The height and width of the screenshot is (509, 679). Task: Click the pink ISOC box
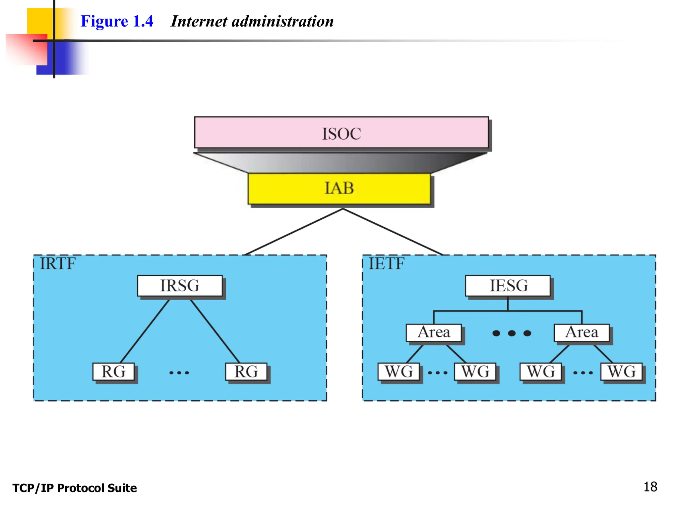tap(341, 133)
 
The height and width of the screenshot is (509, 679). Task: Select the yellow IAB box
tap(339, 188)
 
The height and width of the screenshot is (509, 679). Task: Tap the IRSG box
tap(180, 286)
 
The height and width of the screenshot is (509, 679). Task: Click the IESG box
tap(508, 286)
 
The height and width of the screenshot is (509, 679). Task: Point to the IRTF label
tap(58, 264)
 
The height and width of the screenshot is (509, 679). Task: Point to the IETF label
tap(386, 264)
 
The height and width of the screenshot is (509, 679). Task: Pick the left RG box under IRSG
tap(113, 371)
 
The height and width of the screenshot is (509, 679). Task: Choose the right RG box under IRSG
tap(246, 371)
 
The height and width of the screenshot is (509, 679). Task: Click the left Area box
tap(434, 332)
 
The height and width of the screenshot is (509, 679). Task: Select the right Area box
tap(582, 332)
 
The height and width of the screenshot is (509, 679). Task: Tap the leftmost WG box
tap(399, 371)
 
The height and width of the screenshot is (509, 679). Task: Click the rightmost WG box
tap(621, 371)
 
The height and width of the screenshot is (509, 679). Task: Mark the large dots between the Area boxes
tap(512, 333)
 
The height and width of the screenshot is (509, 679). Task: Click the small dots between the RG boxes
tap(179, 373)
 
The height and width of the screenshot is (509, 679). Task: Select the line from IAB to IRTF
tap(293, 232)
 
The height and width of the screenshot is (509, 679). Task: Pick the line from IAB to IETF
tap(393, 232)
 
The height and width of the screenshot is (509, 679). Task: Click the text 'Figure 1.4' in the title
tap(117, 21)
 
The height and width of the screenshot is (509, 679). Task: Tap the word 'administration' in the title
tap(282, 21)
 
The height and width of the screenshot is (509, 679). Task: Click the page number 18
tap(650, 487)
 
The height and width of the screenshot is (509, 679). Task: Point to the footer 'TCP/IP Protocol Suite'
tap(75, 488)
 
